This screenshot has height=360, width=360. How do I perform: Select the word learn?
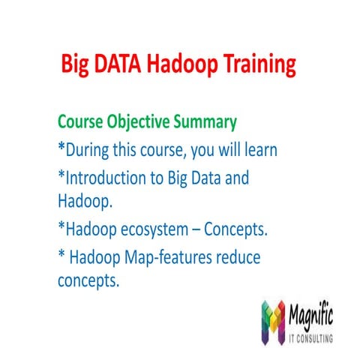coord(257,150)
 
